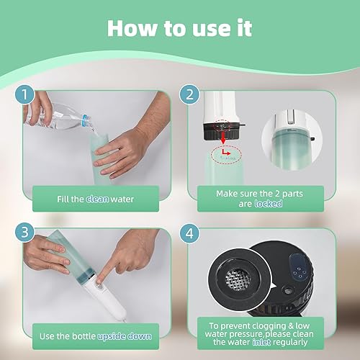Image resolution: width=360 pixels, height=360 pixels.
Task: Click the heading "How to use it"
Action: [x=179, y=29]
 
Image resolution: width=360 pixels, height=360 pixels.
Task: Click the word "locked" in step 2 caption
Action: [x=268, y=204]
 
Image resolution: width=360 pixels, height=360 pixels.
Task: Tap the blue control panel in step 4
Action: [x=297, y=268]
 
